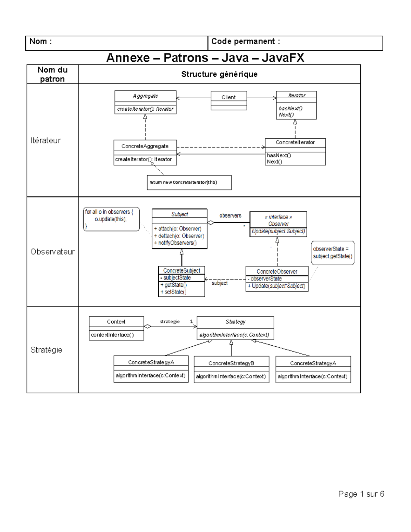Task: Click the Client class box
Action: click(x=228, y=100)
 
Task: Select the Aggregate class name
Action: click(x=146, y=96)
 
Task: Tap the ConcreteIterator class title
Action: click(x=295, y=142)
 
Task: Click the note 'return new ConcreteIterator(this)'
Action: click(x=189, y=182)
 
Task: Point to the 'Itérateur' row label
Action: click(x=46, y=140)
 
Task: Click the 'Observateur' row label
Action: click(x=52, y=252)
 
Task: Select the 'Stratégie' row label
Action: click(x=46, y=350)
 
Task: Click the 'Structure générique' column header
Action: click(x=219, y=74)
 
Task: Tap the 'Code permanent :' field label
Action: click(x=245, y=41)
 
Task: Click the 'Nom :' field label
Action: click(x=40, y=41)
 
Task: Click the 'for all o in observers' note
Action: click(x=111, y=219)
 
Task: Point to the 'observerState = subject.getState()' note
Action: click(x=332, y=252)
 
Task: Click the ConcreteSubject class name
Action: click(x=182, y=271)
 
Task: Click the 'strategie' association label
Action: click(x=170, y=321)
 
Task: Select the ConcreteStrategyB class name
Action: click(x=231, y=363)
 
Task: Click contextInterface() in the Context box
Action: click(x=112, y=335)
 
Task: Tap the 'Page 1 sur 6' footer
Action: click(x=361, y=494)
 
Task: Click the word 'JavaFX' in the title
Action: click(x=283, y=58)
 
